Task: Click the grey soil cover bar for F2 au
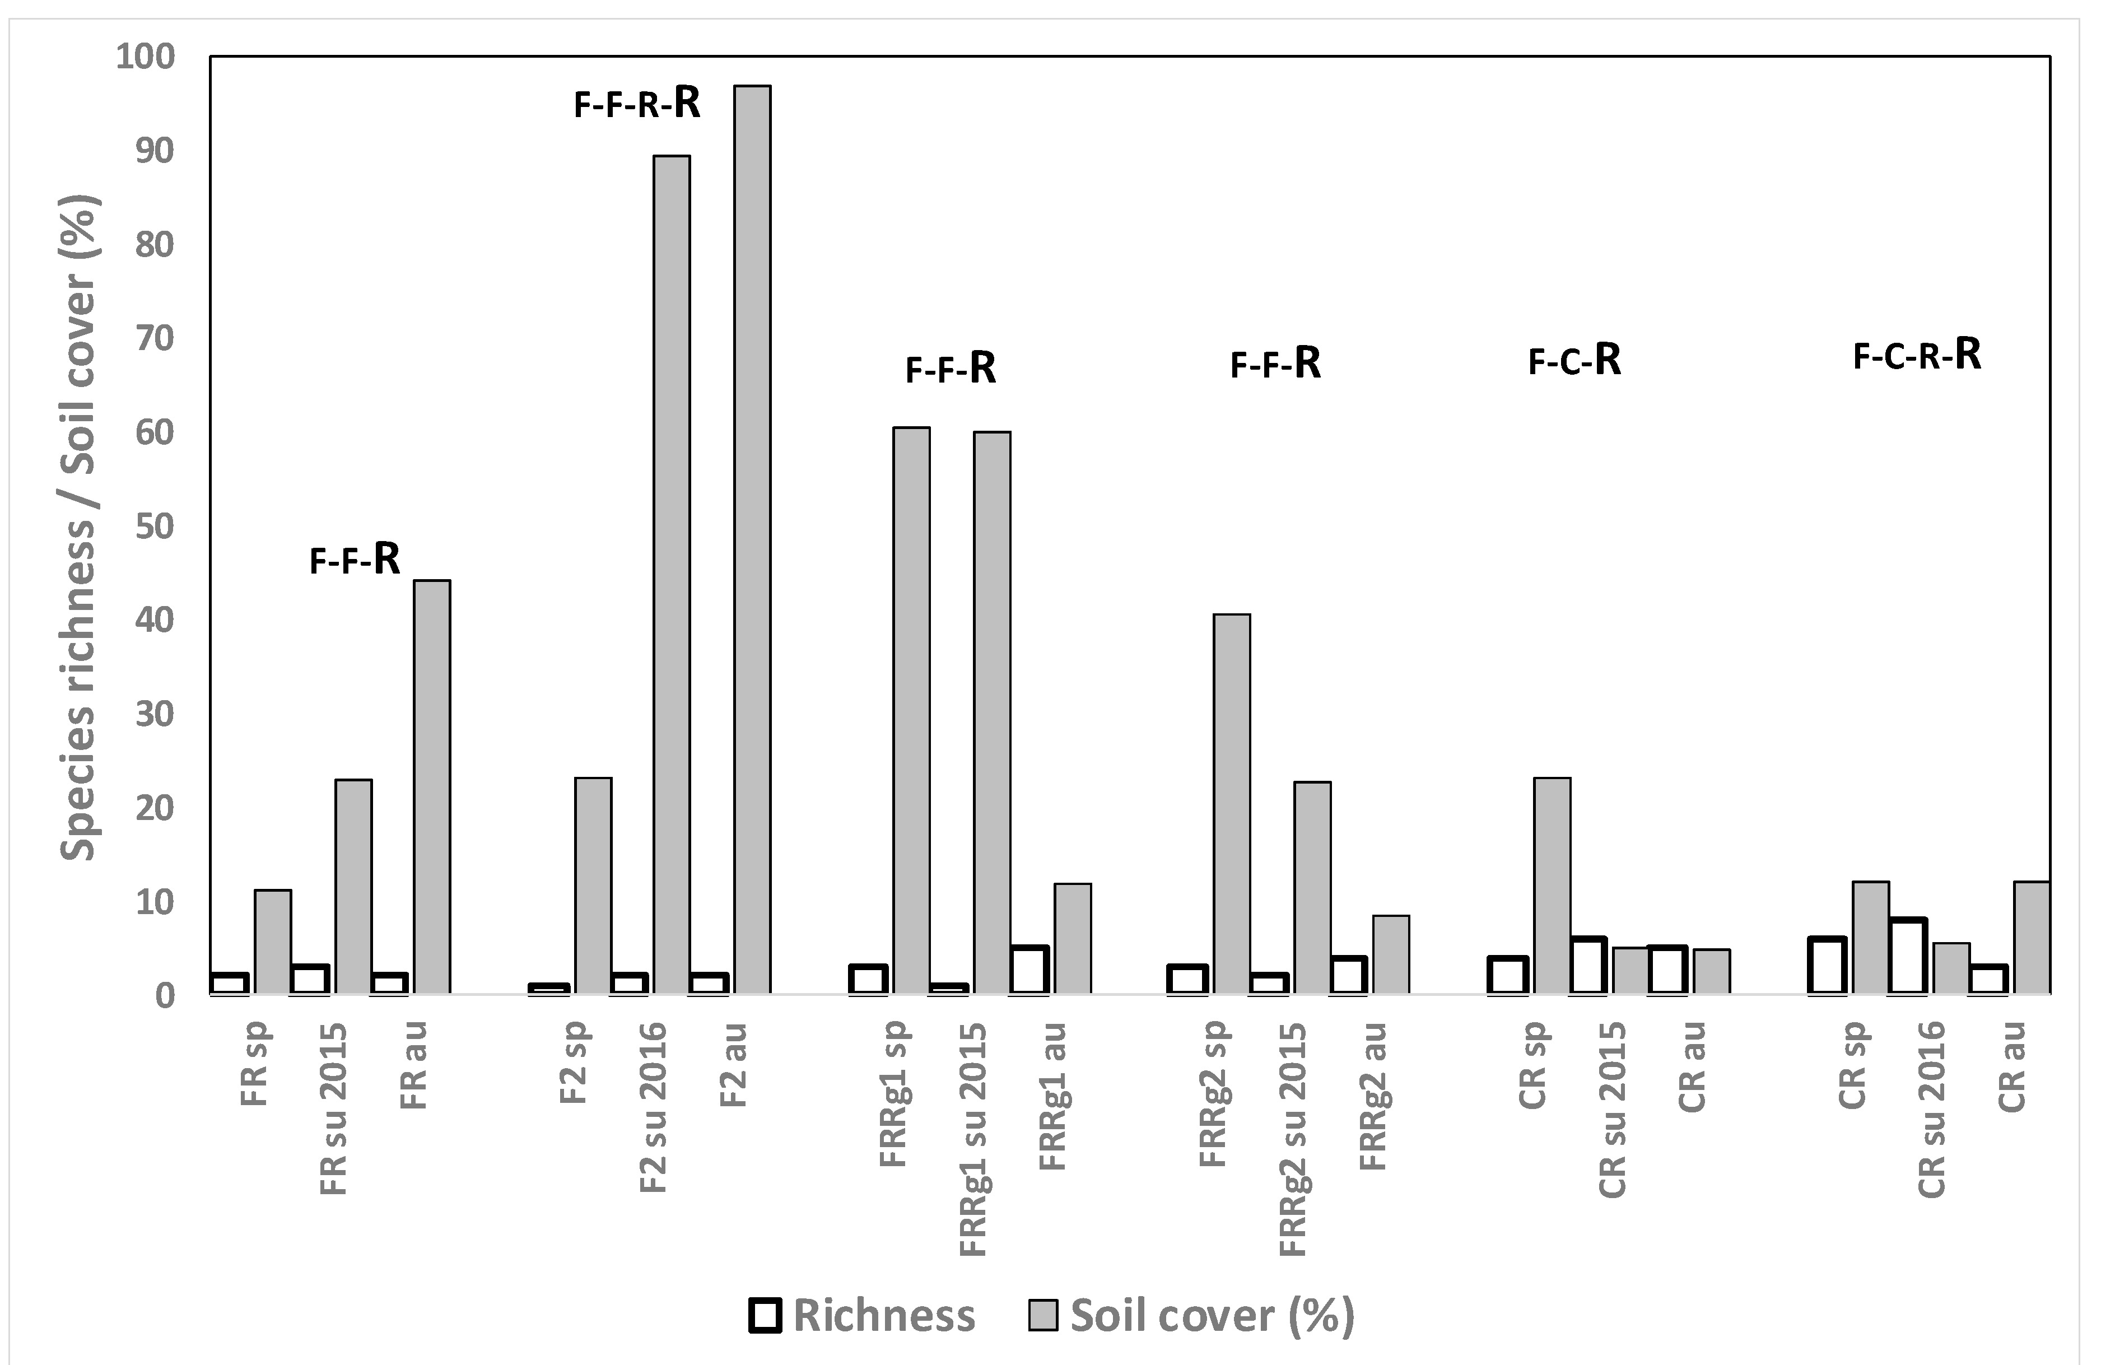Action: click(752, 539)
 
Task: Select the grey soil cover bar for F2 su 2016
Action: click(672, 575)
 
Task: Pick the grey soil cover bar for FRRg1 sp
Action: click(911, 711)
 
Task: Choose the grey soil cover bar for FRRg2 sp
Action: click(1232, 803)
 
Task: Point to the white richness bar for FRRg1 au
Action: click(1029, 970)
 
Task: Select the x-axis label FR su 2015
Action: click(334, 1108)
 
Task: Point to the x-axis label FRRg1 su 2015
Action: click(973, 1138)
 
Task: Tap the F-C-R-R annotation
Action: click(1917, 355)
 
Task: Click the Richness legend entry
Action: click(861, 1316)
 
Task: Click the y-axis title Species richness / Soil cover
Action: click(80, 527)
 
